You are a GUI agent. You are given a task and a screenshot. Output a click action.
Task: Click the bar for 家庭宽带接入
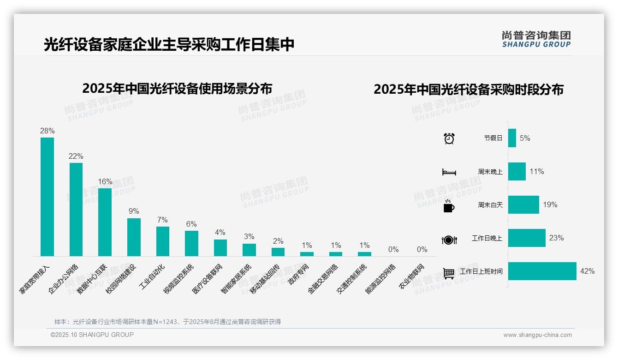click(x=47, y=197)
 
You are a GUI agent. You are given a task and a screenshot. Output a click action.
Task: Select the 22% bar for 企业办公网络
click(x=76, y=209)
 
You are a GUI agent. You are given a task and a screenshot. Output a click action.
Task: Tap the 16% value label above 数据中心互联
click(x=105, y=182)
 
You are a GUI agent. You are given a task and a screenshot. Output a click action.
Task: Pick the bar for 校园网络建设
click(x=134, y=237)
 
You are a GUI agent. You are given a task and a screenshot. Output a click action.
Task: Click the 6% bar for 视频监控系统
click(x=191, y=243)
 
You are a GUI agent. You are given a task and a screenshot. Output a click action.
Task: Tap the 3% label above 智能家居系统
click(x=249, y=237)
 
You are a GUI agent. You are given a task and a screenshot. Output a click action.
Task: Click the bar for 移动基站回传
click(x=278, y=252)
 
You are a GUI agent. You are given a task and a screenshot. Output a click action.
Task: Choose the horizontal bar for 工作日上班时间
click(x=542, y=271)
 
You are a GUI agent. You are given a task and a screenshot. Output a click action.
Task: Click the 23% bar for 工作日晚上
click(x=527, y=238)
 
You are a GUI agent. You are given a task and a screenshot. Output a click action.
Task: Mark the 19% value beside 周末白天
click(x=550, y=205)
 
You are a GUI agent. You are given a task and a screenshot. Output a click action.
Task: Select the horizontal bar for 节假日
click(x=512, y=138)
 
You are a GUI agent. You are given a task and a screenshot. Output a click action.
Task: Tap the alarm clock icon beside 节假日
click(x=449, y=138)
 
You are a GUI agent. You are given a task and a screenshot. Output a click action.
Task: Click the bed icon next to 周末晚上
click(x=449, y=172)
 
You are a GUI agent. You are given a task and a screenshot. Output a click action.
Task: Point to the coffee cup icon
click(x=449, y=206)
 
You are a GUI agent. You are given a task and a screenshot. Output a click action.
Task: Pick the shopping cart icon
click(x=449, y=273)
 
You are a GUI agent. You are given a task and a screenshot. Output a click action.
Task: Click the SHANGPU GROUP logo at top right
click(x=536, y=39)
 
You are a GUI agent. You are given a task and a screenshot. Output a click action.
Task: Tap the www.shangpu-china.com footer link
click(x=537, y=335)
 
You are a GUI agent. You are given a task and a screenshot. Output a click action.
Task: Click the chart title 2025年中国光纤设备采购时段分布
click(x=469, y=90)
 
